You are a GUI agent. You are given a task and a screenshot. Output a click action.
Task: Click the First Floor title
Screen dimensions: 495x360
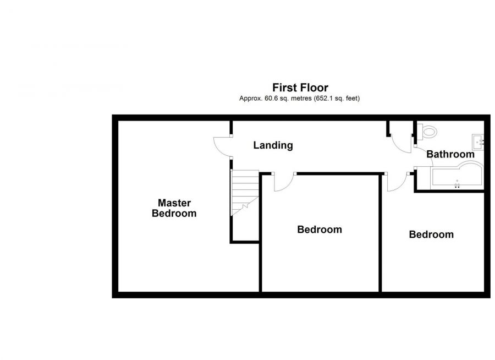[300, 87]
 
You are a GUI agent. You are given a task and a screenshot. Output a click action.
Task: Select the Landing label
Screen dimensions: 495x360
[273, 145]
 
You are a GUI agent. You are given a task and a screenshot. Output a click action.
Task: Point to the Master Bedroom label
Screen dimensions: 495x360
[174, 208]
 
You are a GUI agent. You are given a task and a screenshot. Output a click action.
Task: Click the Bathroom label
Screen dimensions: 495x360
[450, 154]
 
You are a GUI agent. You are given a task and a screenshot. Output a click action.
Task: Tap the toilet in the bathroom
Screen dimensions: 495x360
[427, 131]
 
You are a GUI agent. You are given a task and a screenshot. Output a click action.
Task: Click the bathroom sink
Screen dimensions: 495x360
[477, 142]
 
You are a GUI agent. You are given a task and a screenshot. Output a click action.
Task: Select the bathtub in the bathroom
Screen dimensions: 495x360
[457, 176]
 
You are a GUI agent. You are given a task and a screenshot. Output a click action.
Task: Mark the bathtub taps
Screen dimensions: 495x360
[457, 184]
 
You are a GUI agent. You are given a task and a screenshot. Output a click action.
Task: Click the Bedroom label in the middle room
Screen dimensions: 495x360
[320, 230]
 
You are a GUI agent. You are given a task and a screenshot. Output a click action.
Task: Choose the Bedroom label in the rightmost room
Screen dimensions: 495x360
[431, 234]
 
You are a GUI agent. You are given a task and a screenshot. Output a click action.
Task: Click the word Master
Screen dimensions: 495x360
[174, 203]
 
